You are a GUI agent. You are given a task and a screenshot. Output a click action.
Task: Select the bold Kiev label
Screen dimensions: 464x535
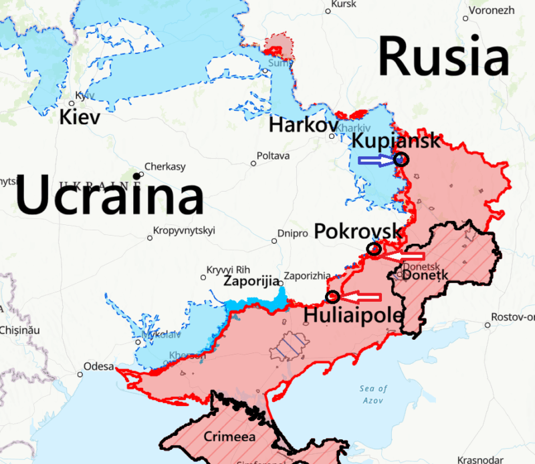click(80, 118)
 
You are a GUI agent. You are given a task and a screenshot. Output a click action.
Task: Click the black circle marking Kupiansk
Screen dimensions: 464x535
click(401, 159)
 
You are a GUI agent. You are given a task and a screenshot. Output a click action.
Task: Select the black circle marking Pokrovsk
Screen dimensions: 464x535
click(374, 249)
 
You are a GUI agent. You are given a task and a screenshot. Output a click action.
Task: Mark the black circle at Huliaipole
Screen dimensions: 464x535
click(332, 297)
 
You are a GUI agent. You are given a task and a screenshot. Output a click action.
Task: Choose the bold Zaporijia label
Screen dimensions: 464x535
click(251, 282)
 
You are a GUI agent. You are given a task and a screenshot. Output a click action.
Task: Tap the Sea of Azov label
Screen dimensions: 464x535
click(372, 394)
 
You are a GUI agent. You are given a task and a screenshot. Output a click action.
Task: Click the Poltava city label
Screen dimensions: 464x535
click(274, 156)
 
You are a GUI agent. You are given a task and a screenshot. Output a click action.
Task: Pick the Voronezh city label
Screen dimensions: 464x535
click(492, 10)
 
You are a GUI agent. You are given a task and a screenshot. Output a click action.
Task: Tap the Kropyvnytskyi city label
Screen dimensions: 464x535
click(184, 231)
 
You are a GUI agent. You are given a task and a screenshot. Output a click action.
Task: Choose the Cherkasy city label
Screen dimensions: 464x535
click(165, 167)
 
